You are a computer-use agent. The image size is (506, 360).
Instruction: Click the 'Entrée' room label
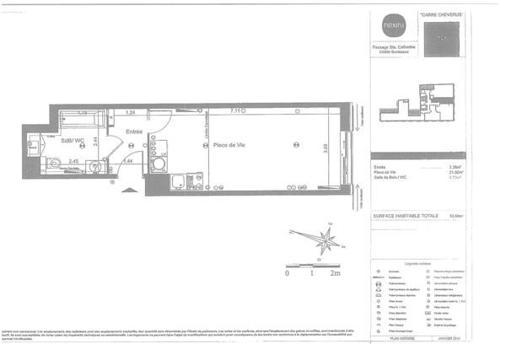point(134,131)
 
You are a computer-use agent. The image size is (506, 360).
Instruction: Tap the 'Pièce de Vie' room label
point(229,144)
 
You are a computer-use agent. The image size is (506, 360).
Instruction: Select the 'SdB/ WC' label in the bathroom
point(74,140)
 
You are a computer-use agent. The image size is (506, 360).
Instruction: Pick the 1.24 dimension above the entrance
point(131,112)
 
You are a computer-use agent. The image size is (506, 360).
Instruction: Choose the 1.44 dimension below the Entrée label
point(129,160)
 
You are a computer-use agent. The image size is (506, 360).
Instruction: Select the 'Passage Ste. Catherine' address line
point(390,46)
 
